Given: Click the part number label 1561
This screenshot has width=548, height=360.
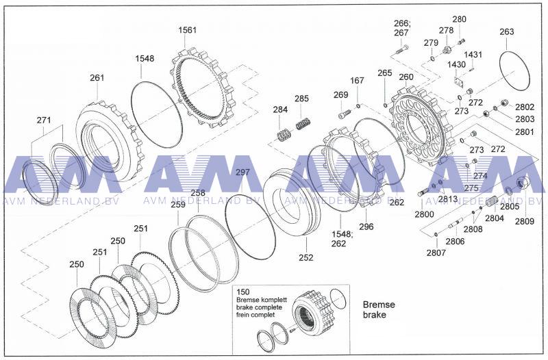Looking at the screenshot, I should tap(187, 31).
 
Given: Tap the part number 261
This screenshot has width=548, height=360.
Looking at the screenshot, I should tap(97, 77).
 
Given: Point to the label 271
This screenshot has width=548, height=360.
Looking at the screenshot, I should tap(44, 120).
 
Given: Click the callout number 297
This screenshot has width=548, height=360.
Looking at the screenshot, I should tap(242, 172).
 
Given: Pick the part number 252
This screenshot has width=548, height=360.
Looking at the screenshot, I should tap(306, 257).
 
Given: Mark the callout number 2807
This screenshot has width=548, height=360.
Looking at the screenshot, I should tap(436, 253).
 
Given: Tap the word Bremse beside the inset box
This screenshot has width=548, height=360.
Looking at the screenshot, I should tap(379, 305).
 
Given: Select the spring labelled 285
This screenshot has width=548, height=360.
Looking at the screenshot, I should tap(301, 125).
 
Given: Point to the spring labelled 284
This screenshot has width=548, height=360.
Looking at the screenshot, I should tap(281, 134).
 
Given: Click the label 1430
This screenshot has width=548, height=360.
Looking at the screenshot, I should tap(456, 64).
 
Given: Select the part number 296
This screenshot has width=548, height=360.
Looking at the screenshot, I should tap(366, 227).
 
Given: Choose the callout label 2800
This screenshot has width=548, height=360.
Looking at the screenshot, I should tap(424, 214).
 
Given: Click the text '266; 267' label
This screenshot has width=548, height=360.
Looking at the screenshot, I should tap(401, 27).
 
